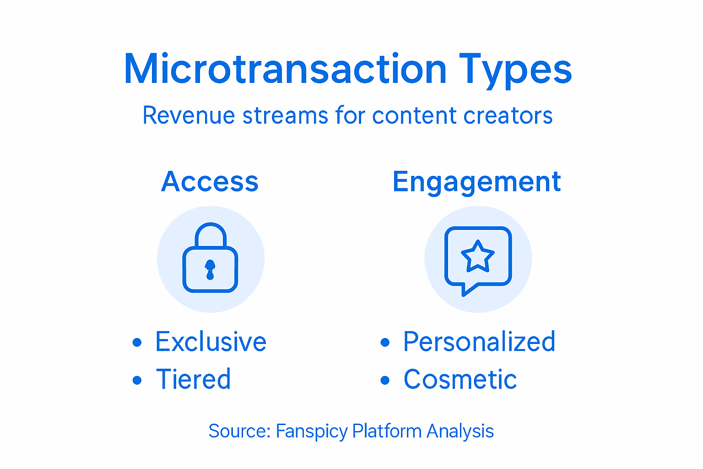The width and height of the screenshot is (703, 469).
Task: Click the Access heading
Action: [210, 181]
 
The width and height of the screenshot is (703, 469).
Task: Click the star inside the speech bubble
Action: [478, 256]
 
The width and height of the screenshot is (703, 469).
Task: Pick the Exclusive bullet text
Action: [211, 342]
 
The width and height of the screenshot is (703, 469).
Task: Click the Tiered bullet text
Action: [194, 379]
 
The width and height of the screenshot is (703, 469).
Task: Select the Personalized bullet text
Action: [479, 342]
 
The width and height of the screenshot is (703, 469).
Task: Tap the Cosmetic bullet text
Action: [460, 380]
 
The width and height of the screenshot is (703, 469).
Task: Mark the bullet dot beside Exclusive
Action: [137, 343]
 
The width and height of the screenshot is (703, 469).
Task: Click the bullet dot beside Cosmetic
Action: [385, 380]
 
